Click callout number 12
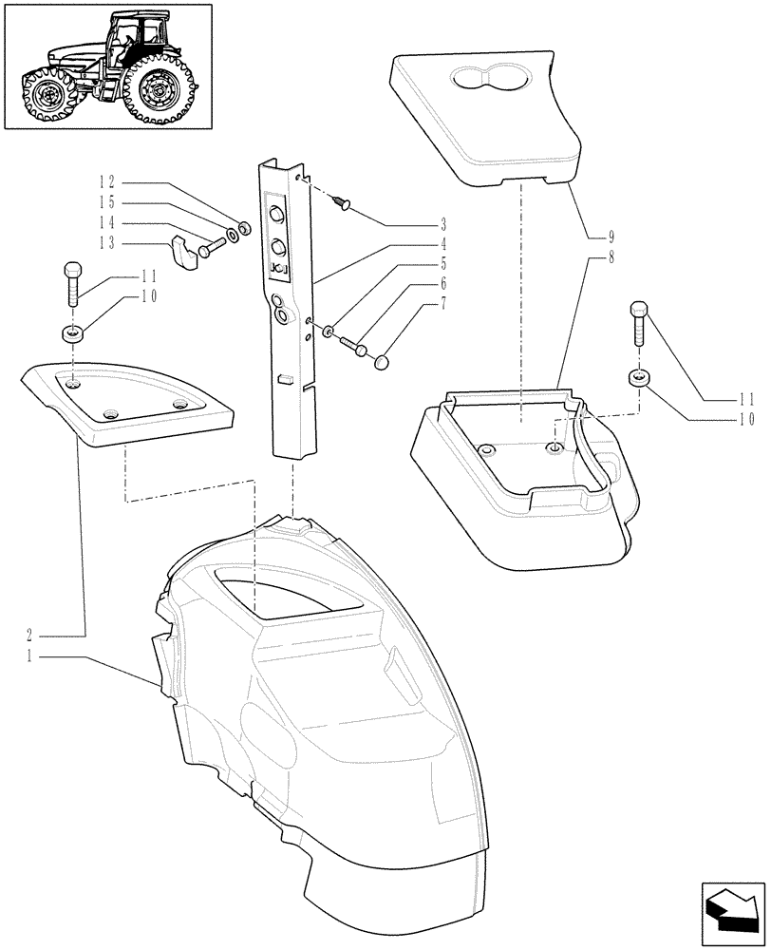coord(107,181)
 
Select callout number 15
coord(107,203)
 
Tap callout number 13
coord(107,244)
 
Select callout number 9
coord(612,235)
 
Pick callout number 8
coord(612,256)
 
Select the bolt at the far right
coord(638,326)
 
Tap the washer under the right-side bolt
coord(638,379)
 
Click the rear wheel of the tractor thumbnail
coord(159,91)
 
